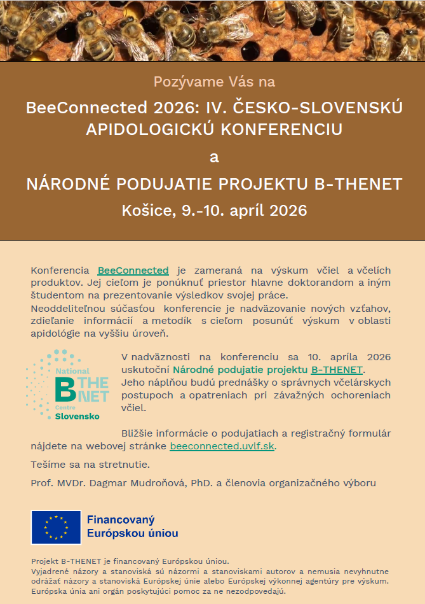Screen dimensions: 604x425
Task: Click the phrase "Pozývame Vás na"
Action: point(214,81)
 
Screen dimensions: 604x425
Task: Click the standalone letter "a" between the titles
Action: point(214,157)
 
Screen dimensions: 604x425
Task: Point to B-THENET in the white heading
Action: point(359,184)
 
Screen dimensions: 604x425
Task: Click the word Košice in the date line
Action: point(144,210)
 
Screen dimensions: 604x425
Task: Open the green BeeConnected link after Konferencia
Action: point(133,270)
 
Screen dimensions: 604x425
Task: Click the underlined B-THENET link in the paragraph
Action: point(337,370)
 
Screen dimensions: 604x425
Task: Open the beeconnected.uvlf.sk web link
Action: point(222,446)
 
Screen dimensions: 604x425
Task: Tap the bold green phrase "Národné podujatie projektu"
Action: point(241,370)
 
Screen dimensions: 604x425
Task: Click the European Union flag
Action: point(56,527)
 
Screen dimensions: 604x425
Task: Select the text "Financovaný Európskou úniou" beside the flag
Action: point(132,527)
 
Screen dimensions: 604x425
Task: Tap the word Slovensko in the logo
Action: point(77,416)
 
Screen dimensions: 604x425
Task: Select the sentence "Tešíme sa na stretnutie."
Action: point(90,465)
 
